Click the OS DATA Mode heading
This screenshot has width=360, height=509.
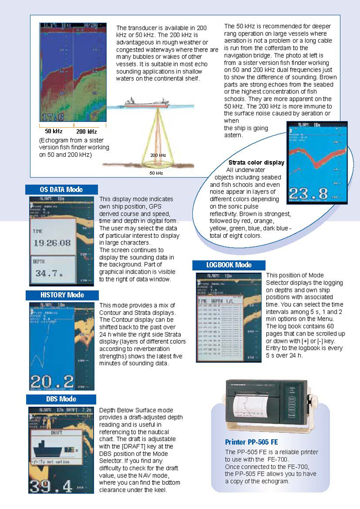pos(61,189)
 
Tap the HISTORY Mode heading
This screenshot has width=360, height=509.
pos(62,295)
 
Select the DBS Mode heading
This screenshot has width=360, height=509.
pos(61,399)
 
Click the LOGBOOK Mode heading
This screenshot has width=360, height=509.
pos(229,265)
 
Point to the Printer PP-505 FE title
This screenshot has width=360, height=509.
pos(251,442)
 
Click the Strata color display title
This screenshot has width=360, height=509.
pos(256,163)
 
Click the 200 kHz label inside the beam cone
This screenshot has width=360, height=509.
pos(158,154)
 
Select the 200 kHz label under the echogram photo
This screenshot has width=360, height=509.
pos(86,131)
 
